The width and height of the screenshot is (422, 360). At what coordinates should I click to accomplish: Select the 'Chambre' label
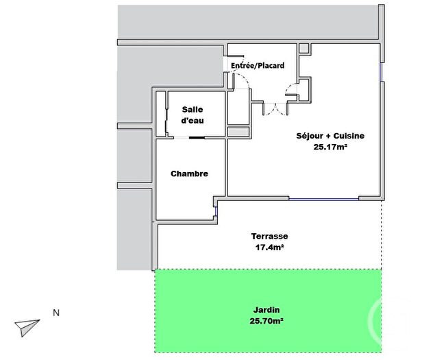(x=189, y=174)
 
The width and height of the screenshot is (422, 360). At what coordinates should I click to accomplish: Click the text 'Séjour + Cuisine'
(x=330, y=136)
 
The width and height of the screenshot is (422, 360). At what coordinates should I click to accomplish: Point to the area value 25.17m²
(x=330, y=146)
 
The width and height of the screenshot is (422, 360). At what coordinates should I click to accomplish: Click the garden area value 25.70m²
(x=267, y=320)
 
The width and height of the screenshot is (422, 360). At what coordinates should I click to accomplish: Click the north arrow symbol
(x=27, y=327)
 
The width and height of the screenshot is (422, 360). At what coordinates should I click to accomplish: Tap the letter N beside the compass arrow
(x=56, y=313)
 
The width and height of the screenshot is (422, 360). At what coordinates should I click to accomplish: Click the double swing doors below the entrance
(x=276, y=108)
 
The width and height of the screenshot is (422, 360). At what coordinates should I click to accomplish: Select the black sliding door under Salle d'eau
(x=197, y=138)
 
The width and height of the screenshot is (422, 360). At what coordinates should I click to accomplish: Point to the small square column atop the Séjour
(x=304, y=49)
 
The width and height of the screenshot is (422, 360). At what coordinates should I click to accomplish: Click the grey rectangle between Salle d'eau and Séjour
(x=238, y=131)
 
